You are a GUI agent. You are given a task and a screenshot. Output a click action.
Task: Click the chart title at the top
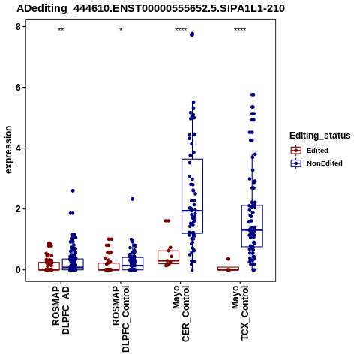click(x=151, y=8)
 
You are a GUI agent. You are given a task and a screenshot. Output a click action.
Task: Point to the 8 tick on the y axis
click(x=18, y=26)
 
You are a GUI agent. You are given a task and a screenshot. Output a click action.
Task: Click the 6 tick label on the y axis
click(x=18, y=88)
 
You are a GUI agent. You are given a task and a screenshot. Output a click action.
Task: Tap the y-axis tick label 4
click(x=18, y=148)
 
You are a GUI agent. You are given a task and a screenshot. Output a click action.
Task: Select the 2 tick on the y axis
click(x=18, y=209)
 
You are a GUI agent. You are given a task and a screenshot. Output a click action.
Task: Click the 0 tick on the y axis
click(x=18, y=270)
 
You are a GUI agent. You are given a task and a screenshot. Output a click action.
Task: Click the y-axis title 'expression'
click(x=8, y=150)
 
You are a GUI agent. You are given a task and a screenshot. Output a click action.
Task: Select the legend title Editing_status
click(x=320, y=136)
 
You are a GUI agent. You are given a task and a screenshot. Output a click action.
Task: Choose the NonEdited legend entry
click(x=316, y=163)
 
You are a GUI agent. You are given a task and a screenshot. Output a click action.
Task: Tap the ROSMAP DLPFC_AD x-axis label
click(x=61, y=310)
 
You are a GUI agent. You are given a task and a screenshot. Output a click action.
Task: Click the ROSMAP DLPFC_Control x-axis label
click(x=121, y=319)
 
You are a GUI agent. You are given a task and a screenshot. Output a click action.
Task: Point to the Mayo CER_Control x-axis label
click(x=181, y=313)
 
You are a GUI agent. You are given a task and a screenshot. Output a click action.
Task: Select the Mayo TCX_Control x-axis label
click(x=241, y=313)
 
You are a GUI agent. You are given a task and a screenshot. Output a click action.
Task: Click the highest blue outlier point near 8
click(x=192, y=34)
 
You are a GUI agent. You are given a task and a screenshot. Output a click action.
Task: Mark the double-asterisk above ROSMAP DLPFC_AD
click(x=61, y=30)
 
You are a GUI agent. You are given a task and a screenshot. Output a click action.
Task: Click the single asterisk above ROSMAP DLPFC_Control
click(x=121, y=30)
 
